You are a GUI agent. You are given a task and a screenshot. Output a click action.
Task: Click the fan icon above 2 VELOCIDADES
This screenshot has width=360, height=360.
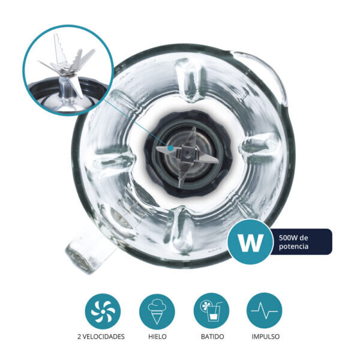coord(103,311)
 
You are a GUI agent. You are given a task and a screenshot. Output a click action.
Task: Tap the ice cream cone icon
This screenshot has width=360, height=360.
coord(157,311)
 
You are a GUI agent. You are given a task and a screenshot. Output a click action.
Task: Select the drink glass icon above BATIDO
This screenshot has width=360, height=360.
coord(211,311)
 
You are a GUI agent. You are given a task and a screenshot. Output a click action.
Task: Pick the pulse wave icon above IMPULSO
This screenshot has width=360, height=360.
coord(265,311)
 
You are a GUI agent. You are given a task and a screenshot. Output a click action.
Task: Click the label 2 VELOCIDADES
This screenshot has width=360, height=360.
coord(101,337)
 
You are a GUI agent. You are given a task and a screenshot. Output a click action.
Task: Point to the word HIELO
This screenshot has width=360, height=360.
coord(157,337)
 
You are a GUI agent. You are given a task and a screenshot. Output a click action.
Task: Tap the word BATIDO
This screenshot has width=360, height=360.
coord(212,337)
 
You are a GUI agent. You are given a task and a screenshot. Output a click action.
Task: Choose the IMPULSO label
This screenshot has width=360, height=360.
coord(266,337)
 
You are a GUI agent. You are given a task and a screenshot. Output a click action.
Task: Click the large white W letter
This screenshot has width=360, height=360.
coord(250,242)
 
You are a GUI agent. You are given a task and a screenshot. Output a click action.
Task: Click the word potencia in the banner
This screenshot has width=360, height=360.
coord(293,247)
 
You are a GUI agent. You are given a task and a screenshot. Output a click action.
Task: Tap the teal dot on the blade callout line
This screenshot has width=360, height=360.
coord(170,148)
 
